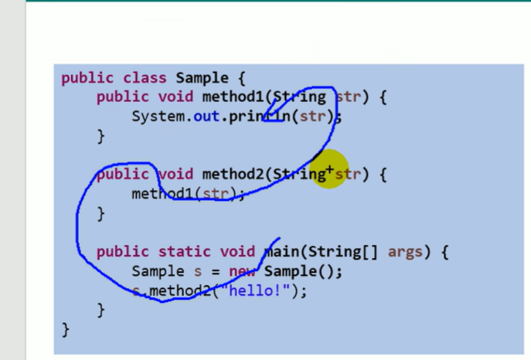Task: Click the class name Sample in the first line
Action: (x=202, y=78)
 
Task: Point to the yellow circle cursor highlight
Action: (x=330, y=172)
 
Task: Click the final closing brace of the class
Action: (x=65, y=330)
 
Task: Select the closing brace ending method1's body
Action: (x=100, y=136)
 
